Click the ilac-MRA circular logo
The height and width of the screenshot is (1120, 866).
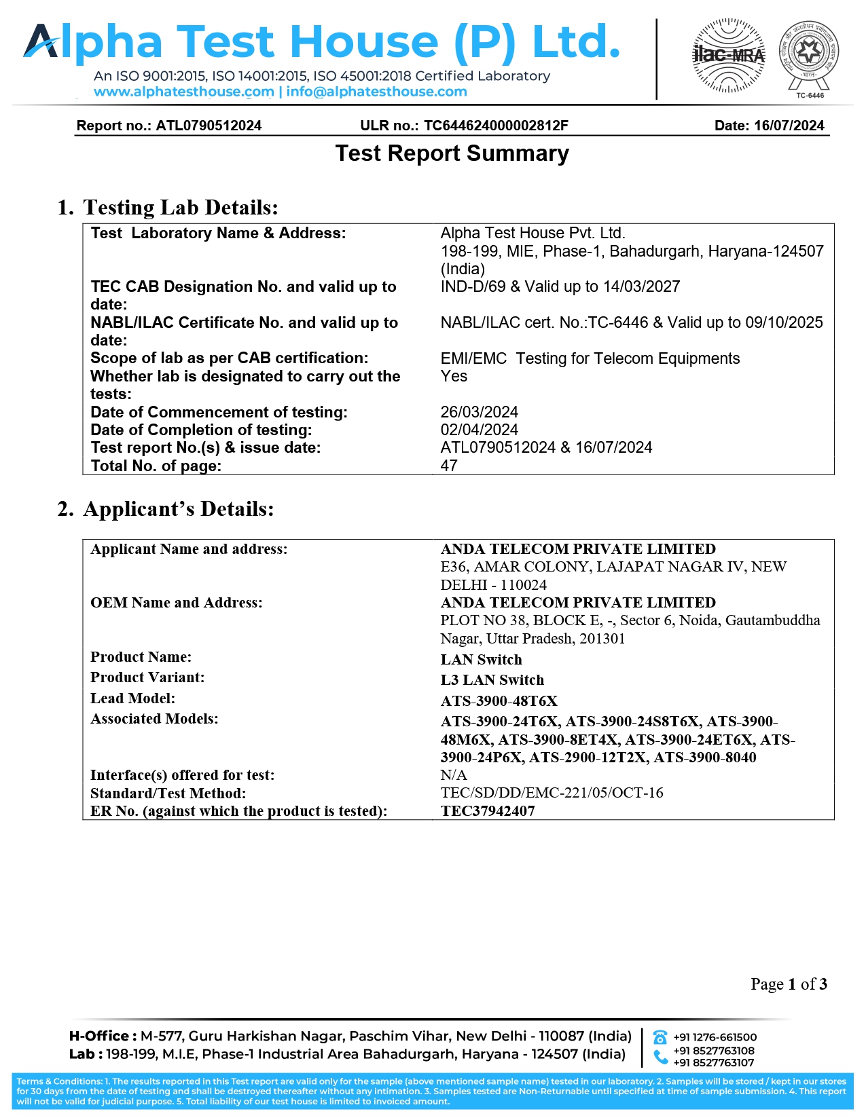728,56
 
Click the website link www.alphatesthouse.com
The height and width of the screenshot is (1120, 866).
183,92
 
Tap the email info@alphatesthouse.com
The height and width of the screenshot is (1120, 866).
376,92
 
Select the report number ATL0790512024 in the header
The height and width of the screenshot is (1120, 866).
209,126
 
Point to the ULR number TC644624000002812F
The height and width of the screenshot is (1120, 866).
496,126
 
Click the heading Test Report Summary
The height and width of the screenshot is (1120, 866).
452,153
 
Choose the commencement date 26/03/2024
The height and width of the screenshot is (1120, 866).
479,412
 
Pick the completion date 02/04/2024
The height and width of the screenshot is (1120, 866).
479,430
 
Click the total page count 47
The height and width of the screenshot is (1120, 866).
449,466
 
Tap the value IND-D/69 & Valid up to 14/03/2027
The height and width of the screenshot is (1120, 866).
560,286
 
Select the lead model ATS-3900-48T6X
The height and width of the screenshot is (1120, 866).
499,701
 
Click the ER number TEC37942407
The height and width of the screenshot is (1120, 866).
487,811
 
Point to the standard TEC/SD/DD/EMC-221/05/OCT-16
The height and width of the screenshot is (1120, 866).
552,793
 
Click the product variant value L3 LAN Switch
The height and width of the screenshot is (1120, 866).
492,680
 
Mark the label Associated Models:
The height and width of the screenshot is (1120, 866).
154,719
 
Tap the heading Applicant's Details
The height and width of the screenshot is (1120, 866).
178,509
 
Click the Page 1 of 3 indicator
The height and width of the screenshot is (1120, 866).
789,984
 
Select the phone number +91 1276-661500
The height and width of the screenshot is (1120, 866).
715,1037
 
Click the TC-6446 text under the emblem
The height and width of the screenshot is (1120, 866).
810,96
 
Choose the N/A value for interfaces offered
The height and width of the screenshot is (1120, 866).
453,775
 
